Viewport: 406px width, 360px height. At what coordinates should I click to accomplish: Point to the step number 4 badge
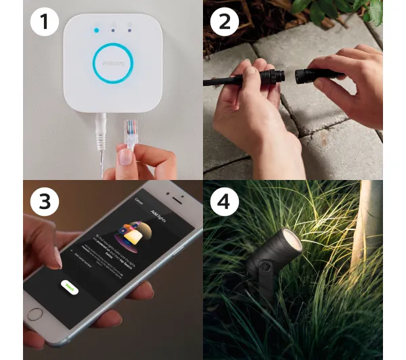pos(225,201)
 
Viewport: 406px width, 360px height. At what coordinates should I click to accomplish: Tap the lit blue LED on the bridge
pos(97,30)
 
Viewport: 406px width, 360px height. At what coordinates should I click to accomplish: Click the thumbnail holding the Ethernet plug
pos(126,158)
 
